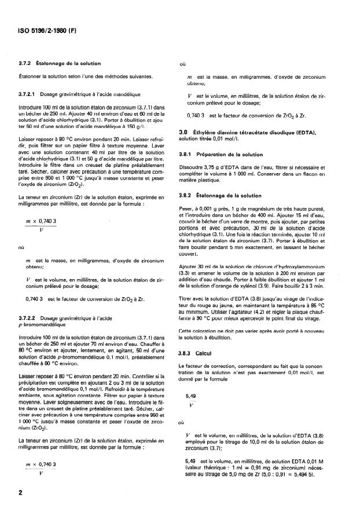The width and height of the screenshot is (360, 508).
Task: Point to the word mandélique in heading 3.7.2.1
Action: pyautogui.click(x=119, y=94)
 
